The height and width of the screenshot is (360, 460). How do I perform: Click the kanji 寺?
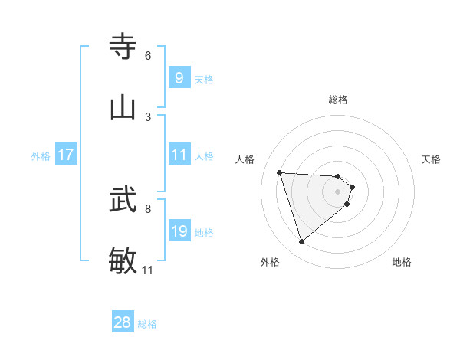pos(123,47)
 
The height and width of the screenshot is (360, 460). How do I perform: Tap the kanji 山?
pos(123,107)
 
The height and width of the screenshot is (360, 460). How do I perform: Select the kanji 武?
pos(123,201)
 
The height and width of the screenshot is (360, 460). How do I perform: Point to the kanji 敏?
pos(123,260)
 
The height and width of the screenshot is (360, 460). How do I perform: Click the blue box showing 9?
pos(179,78)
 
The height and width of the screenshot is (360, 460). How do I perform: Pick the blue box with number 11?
pos(179,155)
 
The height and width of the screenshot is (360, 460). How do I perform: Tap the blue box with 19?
pos(179,231)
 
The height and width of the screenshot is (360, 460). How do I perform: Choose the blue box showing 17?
pos(66,155)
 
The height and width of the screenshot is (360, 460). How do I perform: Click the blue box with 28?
pos(123,322)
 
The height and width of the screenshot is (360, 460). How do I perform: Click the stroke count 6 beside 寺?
pos(148,56)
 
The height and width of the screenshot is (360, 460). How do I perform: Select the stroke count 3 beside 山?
pos(148,116)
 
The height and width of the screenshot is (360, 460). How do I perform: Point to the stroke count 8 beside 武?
pos(148,208)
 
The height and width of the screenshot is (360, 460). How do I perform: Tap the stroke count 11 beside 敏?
pos(147,270)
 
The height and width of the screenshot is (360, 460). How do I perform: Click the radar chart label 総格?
pos(338,100)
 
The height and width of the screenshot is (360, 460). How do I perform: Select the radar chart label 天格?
pos(431,159)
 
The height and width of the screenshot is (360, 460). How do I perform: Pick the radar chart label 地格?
pos(402,262)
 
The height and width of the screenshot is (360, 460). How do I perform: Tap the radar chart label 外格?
pos(270,262)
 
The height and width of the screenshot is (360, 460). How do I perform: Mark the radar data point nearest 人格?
pos(280,172)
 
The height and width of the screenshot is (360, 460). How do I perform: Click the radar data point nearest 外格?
pos(301,242)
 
